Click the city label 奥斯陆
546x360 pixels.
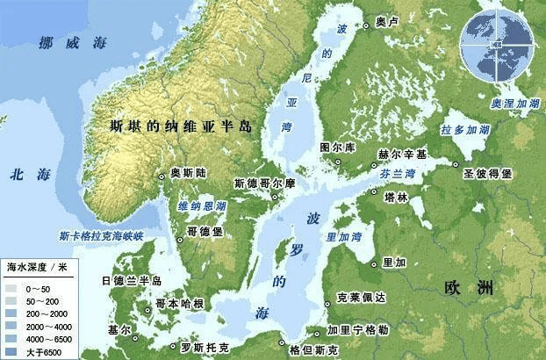(x=188, y=173)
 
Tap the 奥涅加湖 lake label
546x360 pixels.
(x=515, y=103)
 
